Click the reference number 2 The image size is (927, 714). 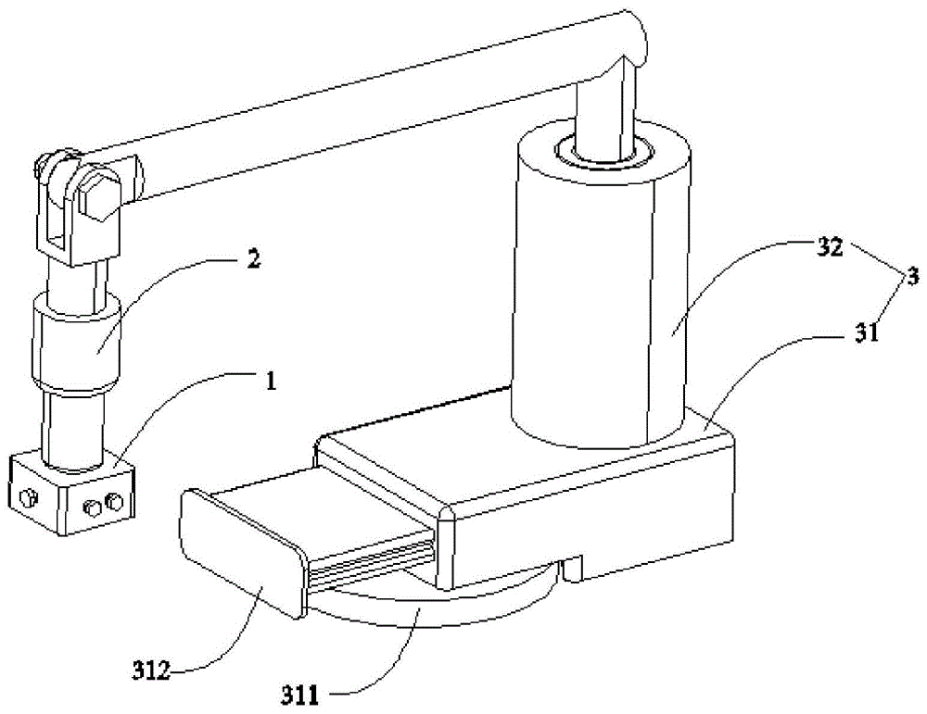tap(252, 259)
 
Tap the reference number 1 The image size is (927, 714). tap(270, 382)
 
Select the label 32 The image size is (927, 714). tap(829, 247)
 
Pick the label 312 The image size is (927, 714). tap(150, 670)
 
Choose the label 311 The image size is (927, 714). tap(299, 696)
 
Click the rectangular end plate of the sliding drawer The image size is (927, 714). tap(241, 551)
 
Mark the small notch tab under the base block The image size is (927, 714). tap(572, 567)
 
